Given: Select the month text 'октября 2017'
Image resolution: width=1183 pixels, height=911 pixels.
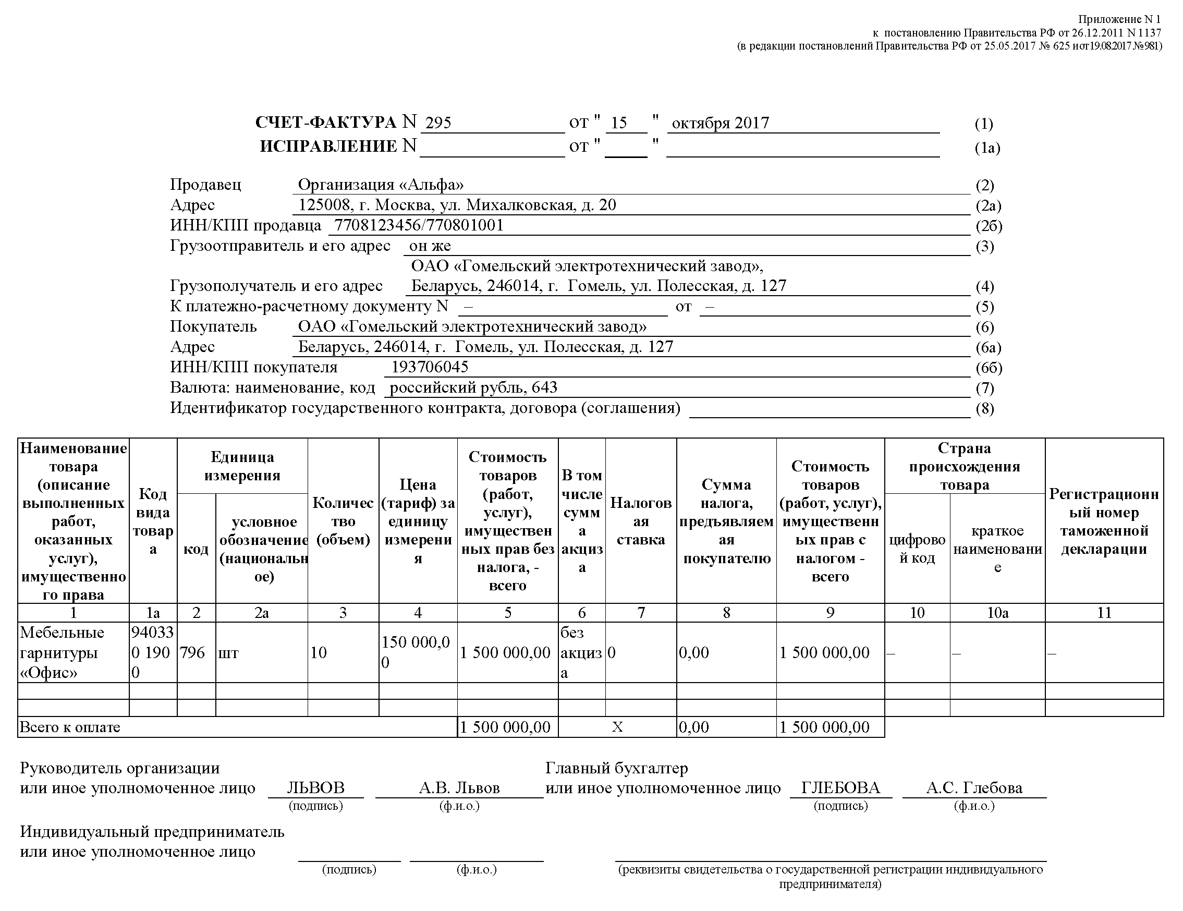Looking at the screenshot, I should pyautogui.click(x=720, y=123).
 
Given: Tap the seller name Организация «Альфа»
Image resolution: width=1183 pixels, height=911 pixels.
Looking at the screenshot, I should pyautogui.click(x=381, y=185).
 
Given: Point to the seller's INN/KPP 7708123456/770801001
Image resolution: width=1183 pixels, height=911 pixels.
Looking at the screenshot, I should pyautogui.click(x=419, y=225).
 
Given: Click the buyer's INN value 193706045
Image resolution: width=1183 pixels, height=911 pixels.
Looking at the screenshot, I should pyautogui.click(x=430, y=367).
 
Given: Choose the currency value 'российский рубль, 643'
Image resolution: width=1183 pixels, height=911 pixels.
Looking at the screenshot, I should pyautogui.click(x=473, y=387).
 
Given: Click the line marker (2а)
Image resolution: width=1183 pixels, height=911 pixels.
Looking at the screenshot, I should pyautogui.click(x=988, y=206).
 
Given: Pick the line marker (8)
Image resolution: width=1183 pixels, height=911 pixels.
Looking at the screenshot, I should pyautogui.click(x=985, y=408).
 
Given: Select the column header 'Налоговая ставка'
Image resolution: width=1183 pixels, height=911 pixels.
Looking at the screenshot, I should pyautogui.click(x=641, y=521).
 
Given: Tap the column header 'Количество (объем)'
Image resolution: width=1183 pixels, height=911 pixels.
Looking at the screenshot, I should pyautogui.click(x=343, y=521).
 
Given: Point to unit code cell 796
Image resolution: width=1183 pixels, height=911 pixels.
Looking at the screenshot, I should pyautogui.click(x=192, y=652).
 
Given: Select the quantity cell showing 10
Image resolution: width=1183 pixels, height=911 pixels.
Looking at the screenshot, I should pyautogui.click(x=319, y=653).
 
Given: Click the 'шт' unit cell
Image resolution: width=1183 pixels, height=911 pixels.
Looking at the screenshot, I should pyautogui.click(x=228, y=653).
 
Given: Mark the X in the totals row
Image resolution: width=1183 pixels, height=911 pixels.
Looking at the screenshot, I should pyautogui.click(x=617, y=727).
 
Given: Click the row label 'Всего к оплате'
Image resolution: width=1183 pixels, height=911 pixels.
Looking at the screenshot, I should pyautogui.click(x=70, y=727).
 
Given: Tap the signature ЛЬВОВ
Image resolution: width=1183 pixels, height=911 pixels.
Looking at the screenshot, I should pyautogui.click(x=315, y=788).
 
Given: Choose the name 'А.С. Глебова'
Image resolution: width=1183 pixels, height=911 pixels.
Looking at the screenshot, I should pyautogui.click(x=974, y=788).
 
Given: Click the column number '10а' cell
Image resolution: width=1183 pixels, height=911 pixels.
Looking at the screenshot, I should pyautogui.click(x=997, y=613).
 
